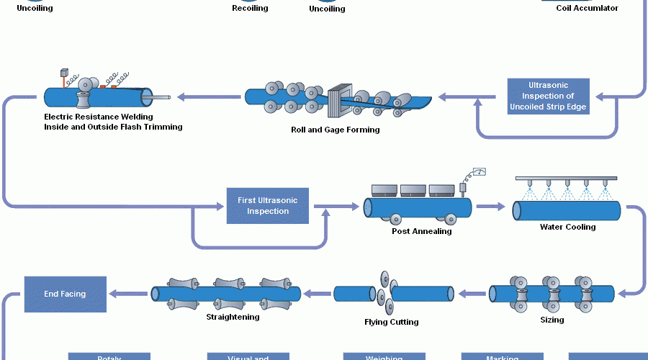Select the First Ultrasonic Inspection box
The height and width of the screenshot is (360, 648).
(x=268, y=205)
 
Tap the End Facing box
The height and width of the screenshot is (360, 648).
(x=65, y=294)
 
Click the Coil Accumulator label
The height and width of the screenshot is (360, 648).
(x=587, y=9)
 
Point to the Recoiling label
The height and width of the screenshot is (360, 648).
(x=250, y=9)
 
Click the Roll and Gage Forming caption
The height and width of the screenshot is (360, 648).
(x=335, y=130)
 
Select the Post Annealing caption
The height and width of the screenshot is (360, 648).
(x=421, y=231)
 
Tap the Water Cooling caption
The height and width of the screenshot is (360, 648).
(x=567, y=228)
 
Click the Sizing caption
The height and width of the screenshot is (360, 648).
(x=552, y=320)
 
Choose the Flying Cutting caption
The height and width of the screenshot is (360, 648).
(x=391, y=322)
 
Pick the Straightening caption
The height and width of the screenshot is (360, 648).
(x=233, y=317)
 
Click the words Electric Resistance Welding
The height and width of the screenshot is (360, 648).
(x=99, y=117)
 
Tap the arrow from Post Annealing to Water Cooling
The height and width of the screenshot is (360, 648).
(x=491, y=207)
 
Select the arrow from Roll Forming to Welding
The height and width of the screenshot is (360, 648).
(x=209, y=96)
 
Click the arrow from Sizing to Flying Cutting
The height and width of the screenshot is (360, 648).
(x=472, y=293)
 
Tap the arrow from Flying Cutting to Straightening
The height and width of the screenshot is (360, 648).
(x=317, y=293)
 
